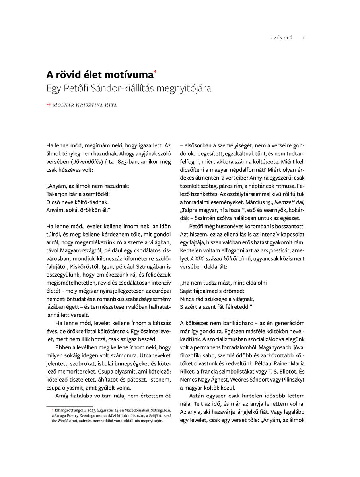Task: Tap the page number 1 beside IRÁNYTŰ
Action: (x=304, y=38)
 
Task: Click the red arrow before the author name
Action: (x=48, y=105)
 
